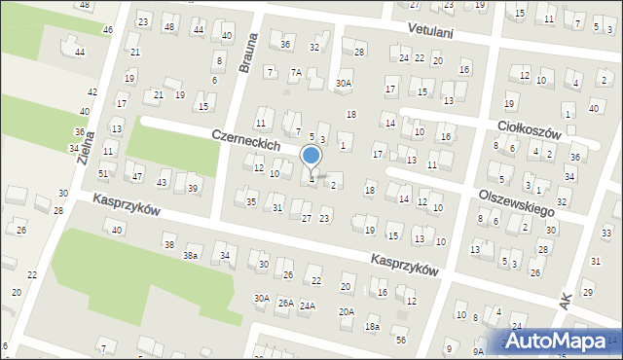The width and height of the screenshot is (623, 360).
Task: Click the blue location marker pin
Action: point(311,157)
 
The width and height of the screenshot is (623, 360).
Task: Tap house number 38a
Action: point(191,255)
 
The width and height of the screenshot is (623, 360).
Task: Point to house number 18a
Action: point(372,327)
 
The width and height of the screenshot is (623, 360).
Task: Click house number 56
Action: point(400,339)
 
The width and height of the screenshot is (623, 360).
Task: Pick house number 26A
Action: point(285,304)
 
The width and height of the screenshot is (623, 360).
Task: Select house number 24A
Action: point(308,306)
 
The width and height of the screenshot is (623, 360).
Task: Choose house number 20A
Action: point(347,311)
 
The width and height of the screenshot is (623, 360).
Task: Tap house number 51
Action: point(103,173)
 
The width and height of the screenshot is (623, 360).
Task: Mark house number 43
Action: point(163,182)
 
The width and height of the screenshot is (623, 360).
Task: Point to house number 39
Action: point(194,188)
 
